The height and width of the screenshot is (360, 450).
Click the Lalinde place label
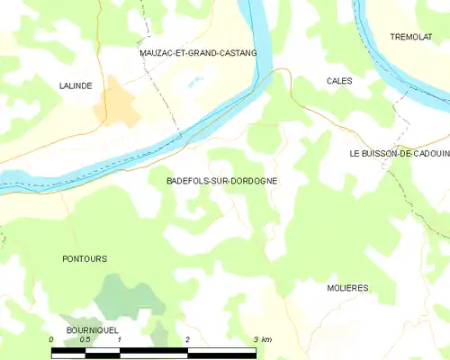[76, 85]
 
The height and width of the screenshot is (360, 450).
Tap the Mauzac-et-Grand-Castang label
[198, 53]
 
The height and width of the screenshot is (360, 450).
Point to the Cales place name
[339, 81]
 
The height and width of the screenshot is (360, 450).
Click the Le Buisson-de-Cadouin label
[399, 154]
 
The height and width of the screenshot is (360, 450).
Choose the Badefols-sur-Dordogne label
[222, 181]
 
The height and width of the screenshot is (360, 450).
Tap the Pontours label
[85, 259]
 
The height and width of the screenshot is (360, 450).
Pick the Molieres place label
[347, 288]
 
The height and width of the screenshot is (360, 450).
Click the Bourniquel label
[93, 331]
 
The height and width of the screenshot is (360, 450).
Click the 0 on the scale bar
[52, 339]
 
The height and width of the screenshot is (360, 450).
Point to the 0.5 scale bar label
[84, 339]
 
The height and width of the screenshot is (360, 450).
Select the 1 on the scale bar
[120, 339]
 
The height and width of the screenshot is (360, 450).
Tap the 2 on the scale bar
[187, 339]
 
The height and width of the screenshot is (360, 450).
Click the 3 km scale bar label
[262, 339]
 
